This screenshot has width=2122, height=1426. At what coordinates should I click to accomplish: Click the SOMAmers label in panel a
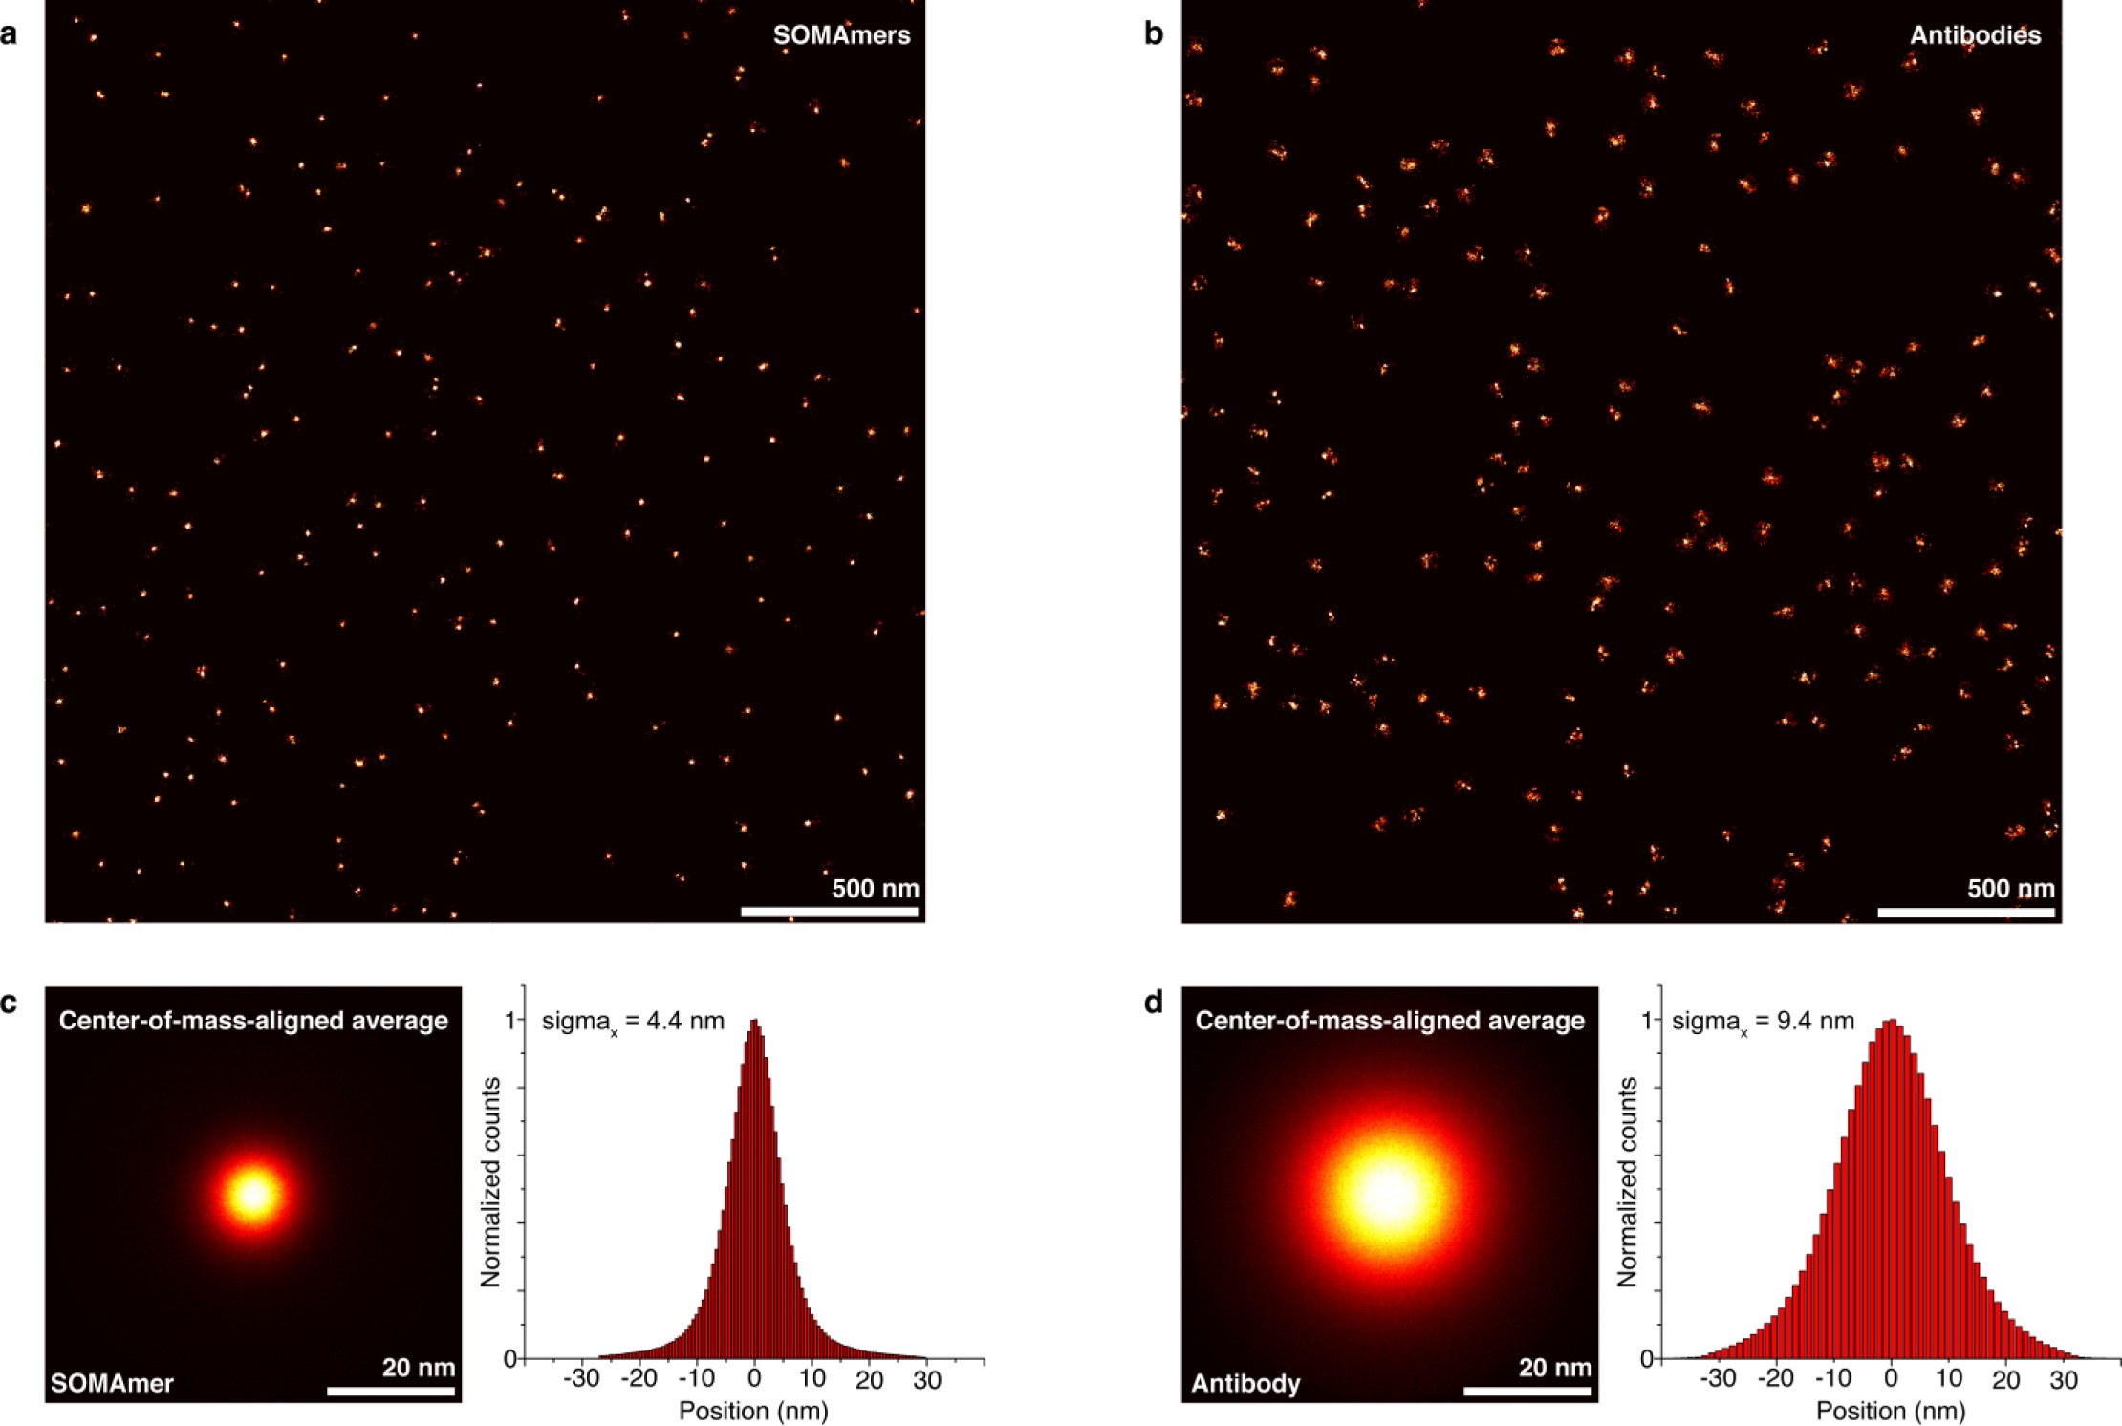pos(841,36)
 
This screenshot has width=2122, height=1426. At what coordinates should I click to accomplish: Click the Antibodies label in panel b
pos(1975,36)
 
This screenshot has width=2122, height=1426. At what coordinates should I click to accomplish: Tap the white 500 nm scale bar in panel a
pos(829,912)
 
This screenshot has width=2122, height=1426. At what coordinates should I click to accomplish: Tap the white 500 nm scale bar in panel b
pos(1965,912)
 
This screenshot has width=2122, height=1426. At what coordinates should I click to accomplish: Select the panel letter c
pos(9,1003)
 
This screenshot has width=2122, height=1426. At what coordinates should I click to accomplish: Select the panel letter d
pos(1154,1003)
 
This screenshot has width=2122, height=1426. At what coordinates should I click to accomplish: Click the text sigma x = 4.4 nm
pos(633,1022)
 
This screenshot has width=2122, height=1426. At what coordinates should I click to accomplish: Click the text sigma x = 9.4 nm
pos(1764,1022)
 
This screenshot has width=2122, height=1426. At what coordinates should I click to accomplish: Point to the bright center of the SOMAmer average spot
pos(254,1194)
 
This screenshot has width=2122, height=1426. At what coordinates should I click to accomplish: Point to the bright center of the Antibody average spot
pos(1388,1194)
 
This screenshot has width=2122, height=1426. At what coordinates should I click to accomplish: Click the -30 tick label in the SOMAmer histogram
pos(580,1380)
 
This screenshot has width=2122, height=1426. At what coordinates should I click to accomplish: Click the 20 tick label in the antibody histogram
pos(2005,1380)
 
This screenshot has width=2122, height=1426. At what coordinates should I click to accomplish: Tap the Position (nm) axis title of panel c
pos(753,1411)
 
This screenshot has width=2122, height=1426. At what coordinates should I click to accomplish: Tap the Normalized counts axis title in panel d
pos(1627,1181)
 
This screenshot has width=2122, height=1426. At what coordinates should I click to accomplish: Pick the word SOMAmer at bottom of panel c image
pos(112,1383)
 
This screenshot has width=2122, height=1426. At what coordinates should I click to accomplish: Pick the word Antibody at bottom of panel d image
pos(1245,1383)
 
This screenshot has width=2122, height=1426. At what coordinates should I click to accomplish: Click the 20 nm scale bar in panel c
pos(391,1391)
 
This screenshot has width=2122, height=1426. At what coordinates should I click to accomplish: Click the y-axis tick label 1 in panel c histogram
pos(510,1021)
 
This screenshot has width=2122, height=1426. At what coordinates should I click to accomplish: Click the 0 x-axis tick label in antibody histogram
pos(1891,1380)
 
